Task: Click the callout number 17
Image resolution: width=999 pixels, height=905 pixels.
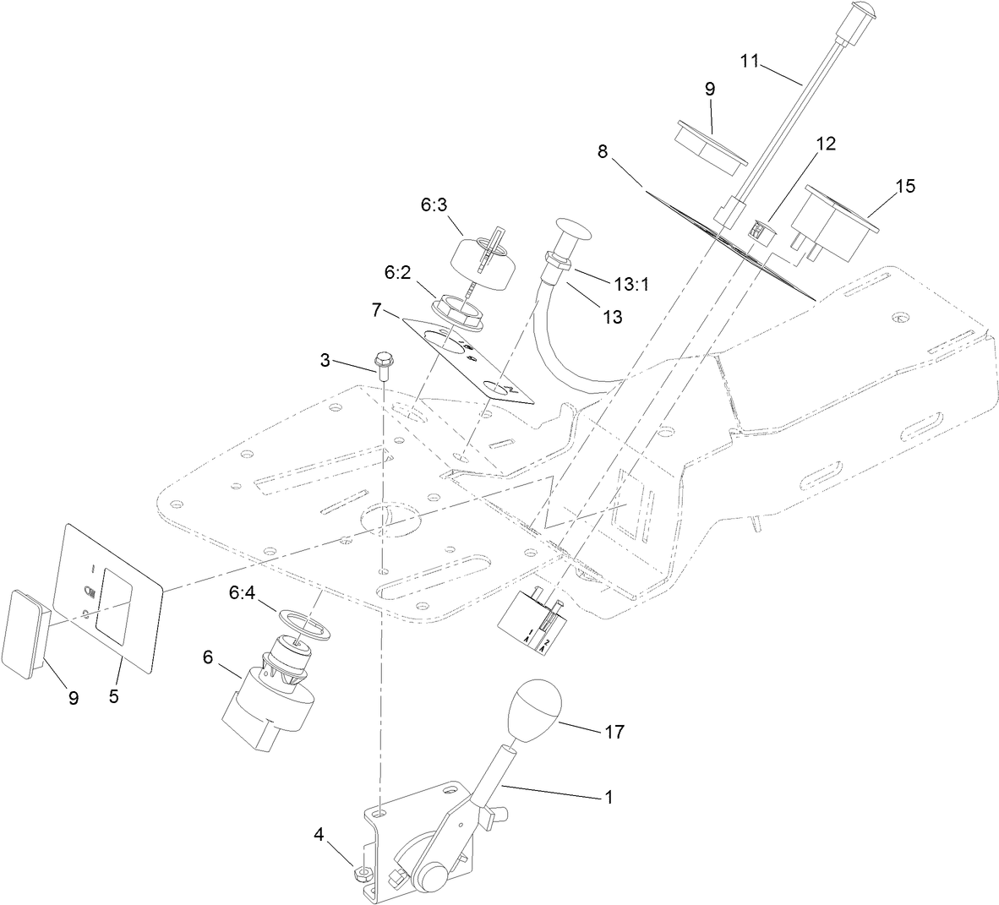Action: [x=614, y=732]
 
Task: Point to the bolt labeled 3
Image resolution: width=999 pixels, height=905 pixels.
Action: [x=382, y=364]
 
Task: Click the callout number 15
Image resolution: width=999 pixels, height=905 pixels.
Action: [x=905, y=187]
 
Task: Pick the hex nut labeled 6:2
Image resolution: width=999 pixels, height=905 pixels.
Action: [x=456, y=310]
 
